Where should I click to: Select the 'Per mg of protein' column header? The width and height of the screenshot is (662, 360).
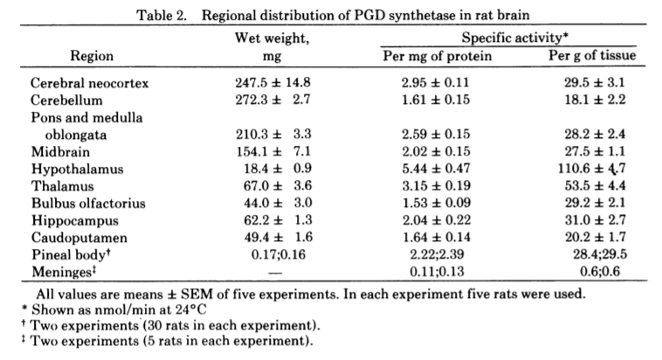[438, 57]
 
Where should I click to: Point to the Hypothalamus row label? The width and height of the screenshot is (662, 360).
[76, 169]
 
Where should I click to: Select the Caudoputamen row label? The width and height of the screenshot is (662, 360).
[78, 237]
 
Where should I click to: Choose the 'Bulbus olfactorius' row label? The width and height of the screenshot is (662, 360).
[87, 203]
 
